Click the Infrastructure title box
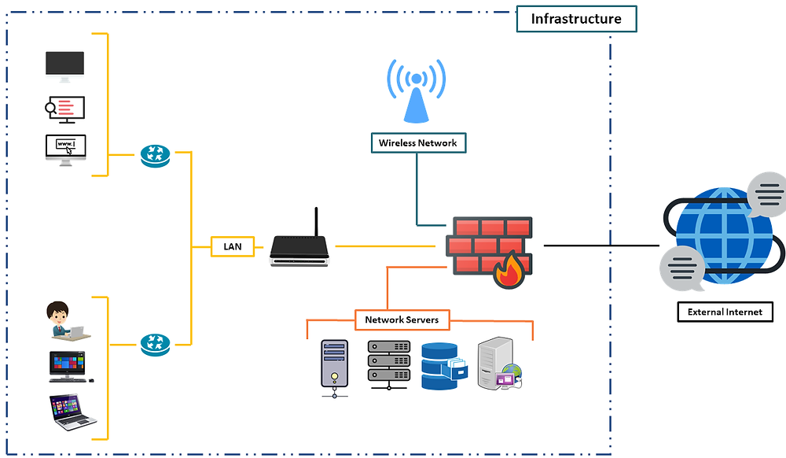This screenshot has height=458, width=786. [x=575, y=18]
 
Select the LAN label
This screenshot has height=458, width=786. [x=233, y=246]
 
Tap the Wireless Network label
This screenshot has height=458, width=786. [x=417, y=142]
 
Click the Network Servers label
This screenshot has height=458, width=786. [x=402, y=319]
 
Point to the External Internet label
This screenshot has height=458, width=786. [x=725, y=312]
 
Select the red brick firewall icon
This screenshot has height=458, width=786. [x=483, y=244]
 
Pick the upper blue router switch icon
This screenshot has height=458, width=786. [x=156, y=155]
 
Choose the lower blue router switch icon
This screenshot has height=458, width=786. [x=156, y=344]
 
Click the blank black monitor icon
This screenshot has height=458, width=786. [x=64, y=65]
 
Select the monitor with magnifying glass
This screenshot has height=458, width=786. [x=64, y=109]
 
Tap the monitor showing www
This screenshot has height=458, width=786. [x=65, y=148]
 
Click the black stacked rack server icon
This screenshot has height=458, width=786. [x=388, y=364]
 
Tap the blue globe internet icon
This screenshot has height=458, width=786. [x=715, y=235]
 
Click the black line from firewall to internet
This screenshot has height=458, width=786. [x=601, y=246]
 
